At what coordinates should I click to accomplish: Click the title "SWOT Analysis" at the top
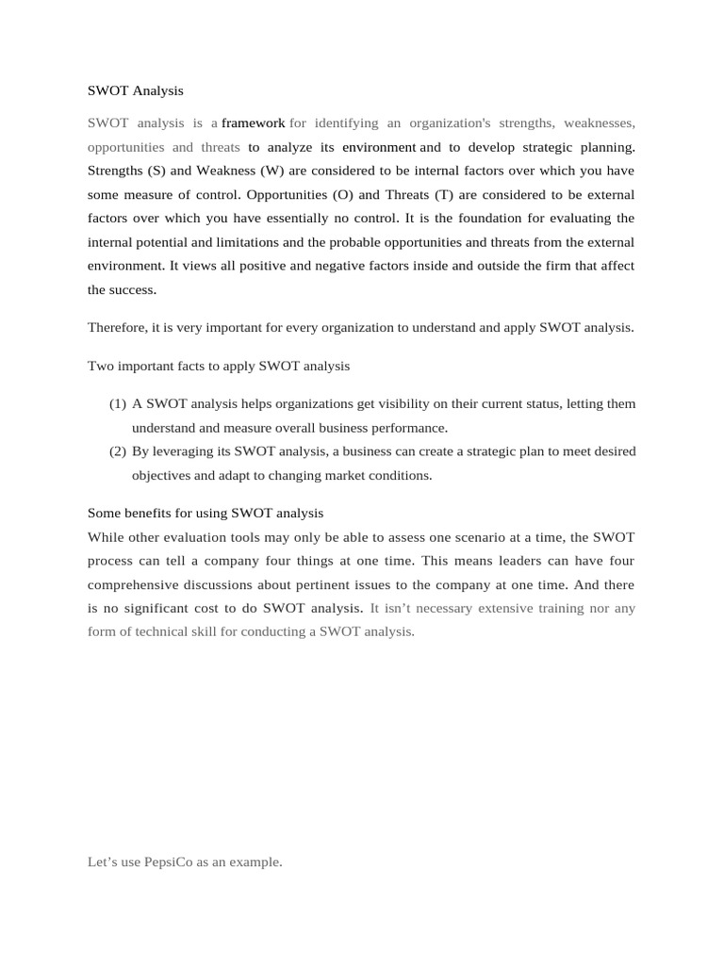(135, 90)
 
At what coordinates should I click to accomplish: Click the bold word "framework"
(253, 123)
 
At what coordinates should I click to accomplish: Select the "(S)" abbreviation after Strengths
(157, 171)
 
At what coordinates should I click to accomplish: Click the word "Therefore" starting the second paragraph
(117, 327)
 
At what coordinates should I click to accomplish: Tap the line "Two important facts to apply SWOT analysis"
(218, 366)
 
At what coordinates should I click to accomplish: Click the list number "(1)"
(117, 403)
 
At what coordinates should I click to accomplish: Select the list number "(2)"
(117, 451)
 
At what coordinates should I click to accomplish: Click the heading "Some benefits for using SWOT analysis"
(205, 513)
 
